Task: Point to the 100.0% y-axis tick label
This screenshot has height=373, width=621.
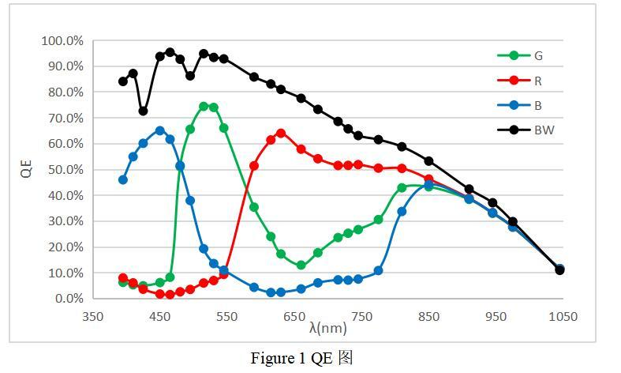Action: click(x=62, y=41)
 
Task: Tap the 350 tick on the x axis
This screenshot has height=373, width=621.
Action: click(x=93, y=317)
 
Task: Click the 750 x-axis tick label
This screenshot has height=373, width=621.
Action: click(x=361, y=317)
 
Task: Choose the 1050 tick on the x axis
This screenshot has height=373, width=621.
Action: click(x=563, y=317)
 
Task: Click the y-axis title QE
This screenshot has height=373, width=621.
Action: click(x=27, y=169)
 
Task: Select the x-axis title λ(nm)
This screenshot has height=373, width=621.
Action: click(x=327, y=327)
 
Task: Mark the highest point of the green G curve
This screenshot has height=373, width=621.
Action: click(x=204, y=106)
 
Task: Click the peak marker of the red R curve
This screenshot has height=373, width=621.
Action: click(x=281, y=133)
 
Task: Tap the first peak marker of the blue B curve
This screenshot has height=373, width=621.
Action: click(x=160, y=130)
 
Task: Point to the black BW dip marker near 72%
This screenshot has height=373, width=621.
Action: click(x=143, y=111)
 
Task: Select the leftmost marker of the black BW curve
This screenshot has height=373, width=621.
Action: click(x=123, y=81)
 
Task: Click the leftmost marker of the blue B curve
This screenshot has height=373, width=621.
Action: click(x=123, y=180)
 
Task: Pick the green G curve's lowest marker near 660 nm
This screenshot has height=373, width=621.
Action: click(x=301, y=266)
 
